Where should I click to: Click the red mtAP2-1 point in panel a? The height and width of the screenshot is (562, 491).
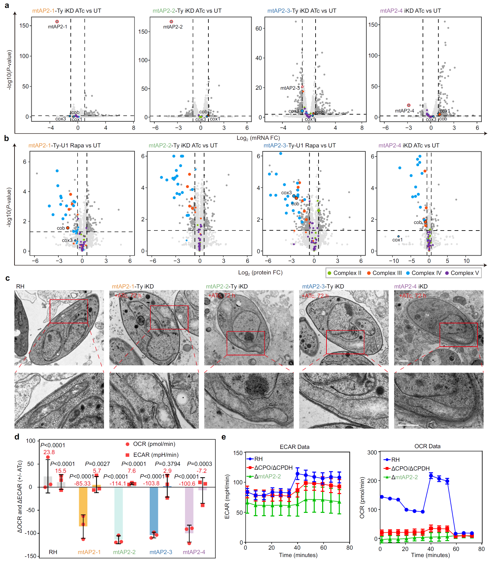pos(57,22)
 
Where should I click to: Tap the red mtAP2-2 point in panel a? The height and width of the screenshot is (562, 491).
pos(171,22)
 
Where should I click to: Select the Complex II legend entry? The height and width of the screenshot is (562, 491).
pos(344,273)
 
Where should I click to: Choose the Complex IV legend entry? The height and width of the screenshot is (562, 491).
pos(423,273)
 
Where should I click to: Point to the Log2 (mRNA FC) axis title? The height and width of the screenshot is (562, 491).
pos(258,138)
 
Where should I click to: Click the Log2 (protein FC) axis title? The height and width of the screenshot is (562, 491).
pos(260,272)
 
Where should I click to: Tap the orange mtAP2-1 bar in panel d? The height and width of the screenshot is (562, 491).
pos(83,506)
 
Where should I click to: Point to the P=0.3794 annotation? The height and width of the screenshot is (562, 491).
pos(168,464)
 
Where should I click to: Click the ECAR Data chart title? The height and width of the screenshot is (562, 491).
pos(294,447)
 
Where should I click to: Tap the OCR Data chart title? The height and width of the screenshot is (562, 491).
pos(427,446)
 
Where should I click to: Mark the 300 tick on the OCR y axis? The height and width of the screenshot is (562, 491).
pos(372,453)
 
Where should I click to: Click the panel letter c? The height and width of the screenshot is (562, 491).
pos(8,278)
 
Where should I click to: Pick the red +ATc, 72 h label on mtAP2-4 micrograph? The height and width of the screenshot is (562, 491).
pos(413,296)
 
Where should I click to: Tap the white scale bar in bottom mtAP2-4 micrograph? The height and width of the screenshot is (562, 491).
pos(408,425)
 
